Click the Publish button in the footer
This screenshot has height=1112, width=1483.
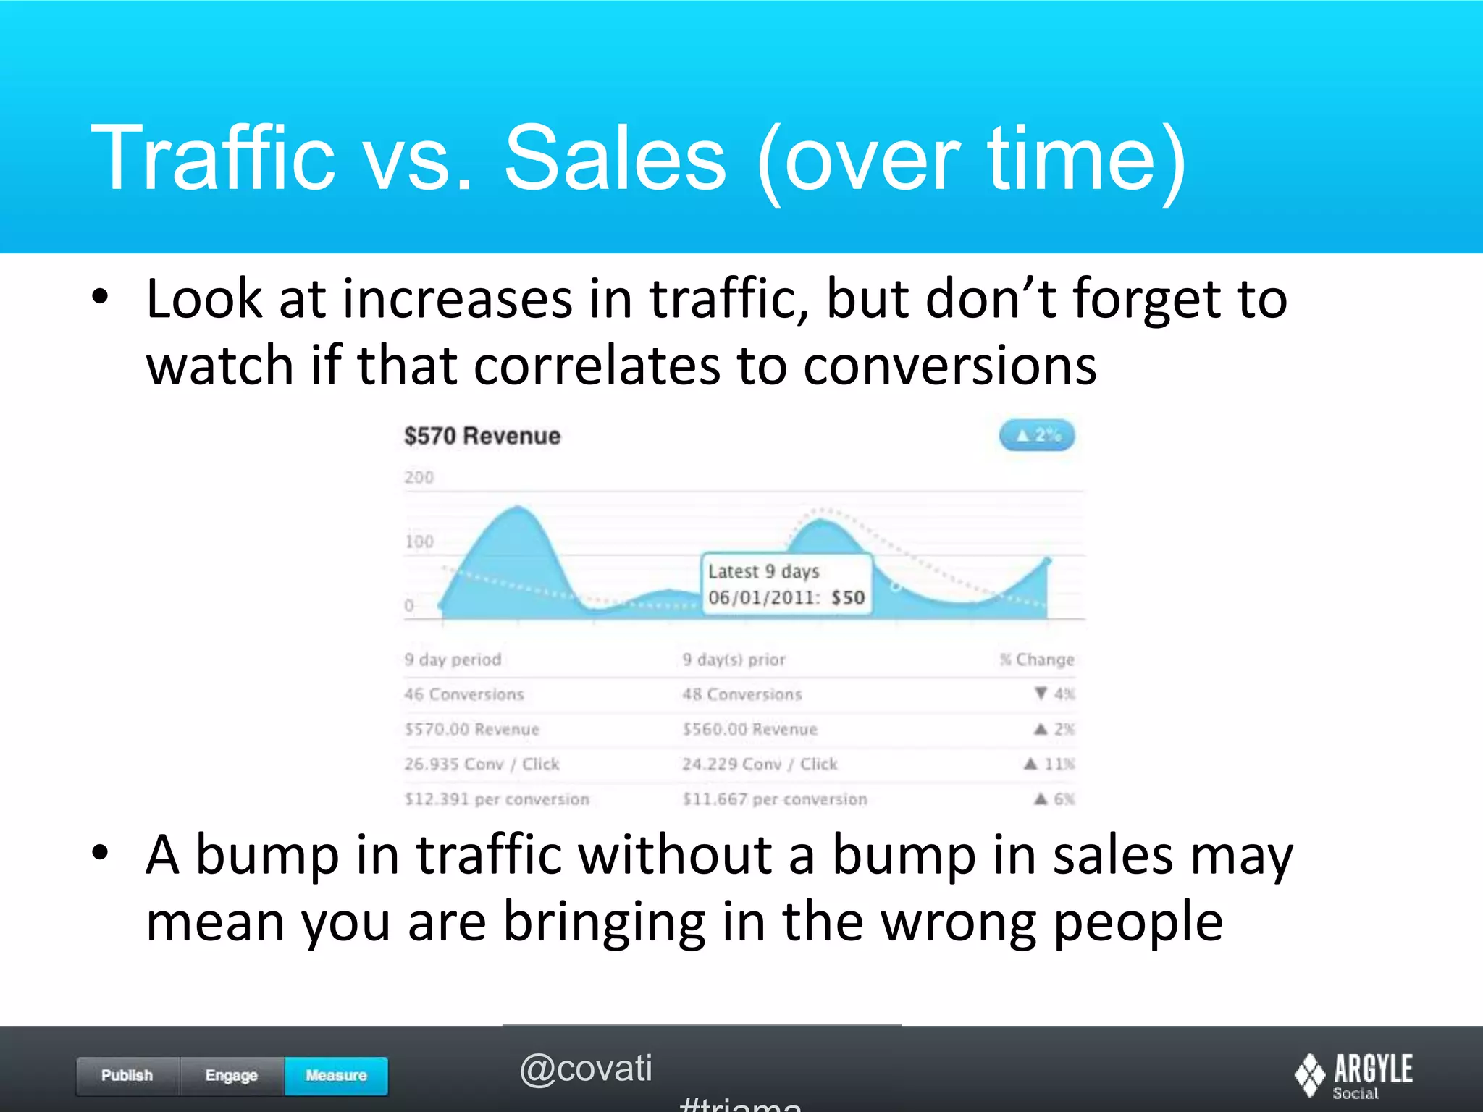[x=127, y=1075]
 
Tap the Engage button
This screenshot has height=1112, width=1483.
[x=232, y=1075]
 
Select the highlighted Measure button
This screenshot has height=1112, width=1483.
[x=336, y=1075]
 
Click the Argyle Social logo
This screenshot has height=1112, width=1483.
[x=1353, y=1074]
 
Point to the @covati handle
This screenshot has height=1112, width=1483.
[x=586, y=1069]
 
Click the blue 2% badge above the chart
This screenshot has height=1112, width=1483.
[x=1037, y=435]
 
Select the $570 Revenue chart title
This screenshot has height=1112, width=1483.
[x=482, y=436]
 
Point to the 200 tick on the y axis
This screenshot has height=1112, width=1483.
[x=419, y=478]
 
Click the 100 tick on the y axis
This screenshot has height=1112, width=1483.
[x=419, y=542]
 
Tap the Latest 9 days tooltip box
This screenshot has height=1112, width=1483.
[x=786, y=584]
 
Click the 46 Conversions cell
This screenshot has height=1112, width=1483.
[x=464, y=694]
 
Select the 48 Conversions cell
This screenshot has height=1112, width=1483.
[x=742, y=694]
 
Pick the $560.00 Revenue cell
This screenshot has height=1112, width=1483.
[x=749, y=729]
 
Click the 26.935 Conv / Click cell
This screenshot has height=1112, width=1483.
[x=482, y=764]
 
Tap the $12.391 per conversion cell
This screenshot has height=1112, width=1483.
[x=497, y=799]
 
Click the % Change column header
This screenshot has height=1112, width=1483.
[x=1037, y=660]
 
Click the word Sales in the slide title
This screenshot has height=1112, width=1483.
[x=615, y=159]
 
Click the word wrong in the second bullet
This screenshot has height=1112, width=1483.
[x=959, y=922]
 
